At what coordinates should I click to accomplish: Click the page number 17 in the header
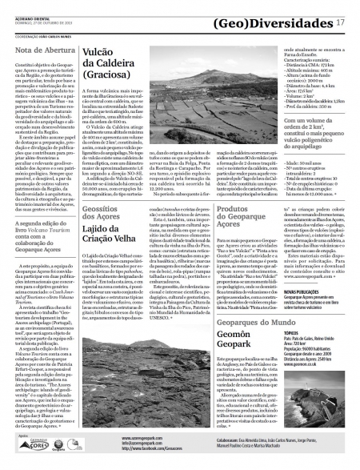[341, 23]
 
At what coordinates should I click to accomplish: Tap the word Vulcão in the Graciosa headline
[98, 51]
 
